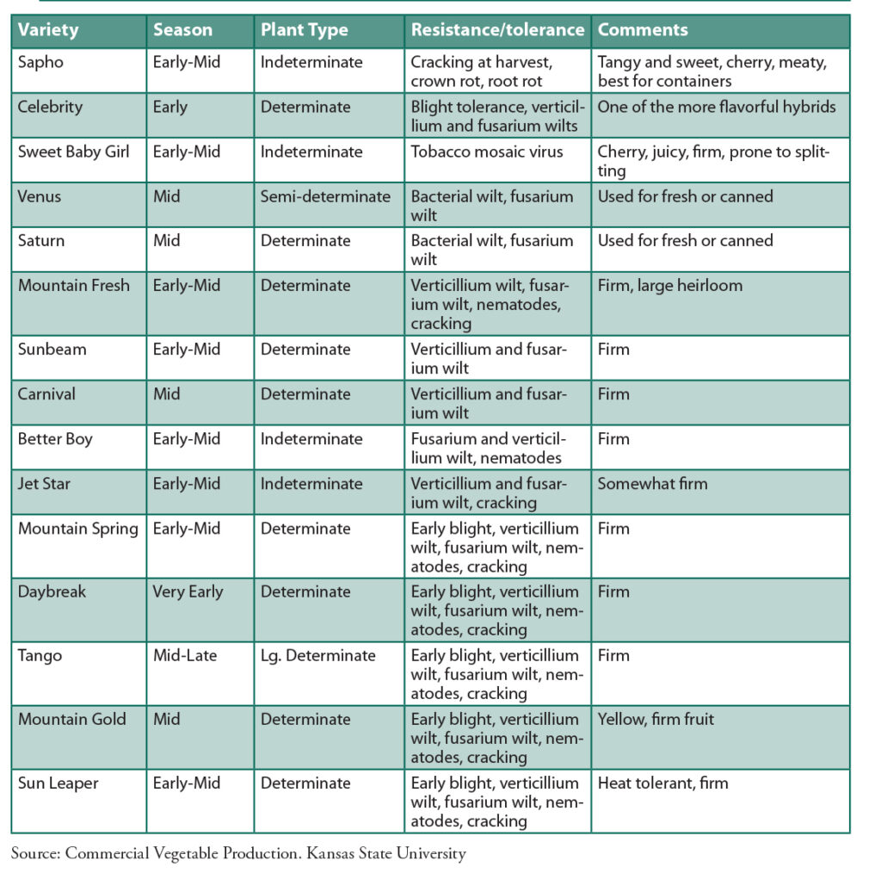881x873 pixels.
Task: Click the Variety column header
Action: (x=48, y=30)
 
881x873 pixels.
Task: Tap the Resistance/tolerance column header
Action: (x=497, y=30)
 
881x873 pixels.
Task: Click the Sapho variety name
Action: (x=40, y=62)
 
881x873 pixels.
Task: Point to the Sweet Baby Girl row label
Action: (x=73, y=152)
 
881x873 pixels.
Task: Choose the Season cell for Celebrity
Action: (x=170, y=107)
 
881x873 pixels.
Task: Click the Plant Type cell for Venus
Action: (x=325, y=196)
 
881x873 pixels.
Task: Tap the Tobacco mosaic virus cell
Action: (x=487, y=152)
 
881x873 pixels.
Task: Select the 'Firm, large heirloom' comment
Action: (x=670, y=285)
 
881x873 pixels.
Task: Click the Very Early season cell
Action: (x=188, y=591)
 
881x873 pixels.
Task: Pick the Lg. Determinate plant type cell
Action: (x=318, y=655)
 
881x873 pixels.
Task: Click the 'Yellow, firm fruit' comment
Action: (x=656, y=719)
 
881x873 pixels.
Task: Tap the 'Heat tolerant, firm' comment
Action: (x=662, y=783)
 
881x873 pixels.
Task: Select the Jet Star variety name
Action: (x=45, y=483)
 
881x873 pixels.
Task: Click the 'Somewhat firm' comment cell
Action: (x=652, y=483)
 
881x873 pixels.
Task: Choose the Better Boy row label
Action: (x=55, y=438)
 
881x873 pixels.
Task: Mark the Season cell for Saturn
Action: (x=167, y=240)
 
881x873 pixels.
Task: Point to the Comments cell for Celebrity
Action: (x=717, y=107)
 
